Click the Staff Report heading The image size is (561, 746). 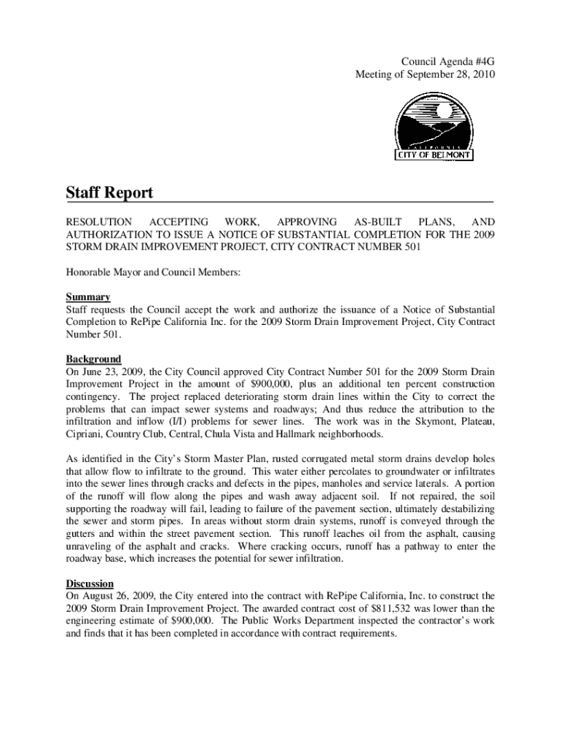(110, 193)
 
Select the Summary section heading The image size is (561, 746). (88, 297)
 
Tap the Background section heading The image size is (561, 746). (94, 359)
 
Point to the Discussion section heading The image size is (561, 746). (90, 584)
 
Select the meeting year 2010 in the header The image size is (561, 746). (481, 75)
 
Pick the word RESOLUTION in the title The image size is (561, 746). (99, 221)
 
